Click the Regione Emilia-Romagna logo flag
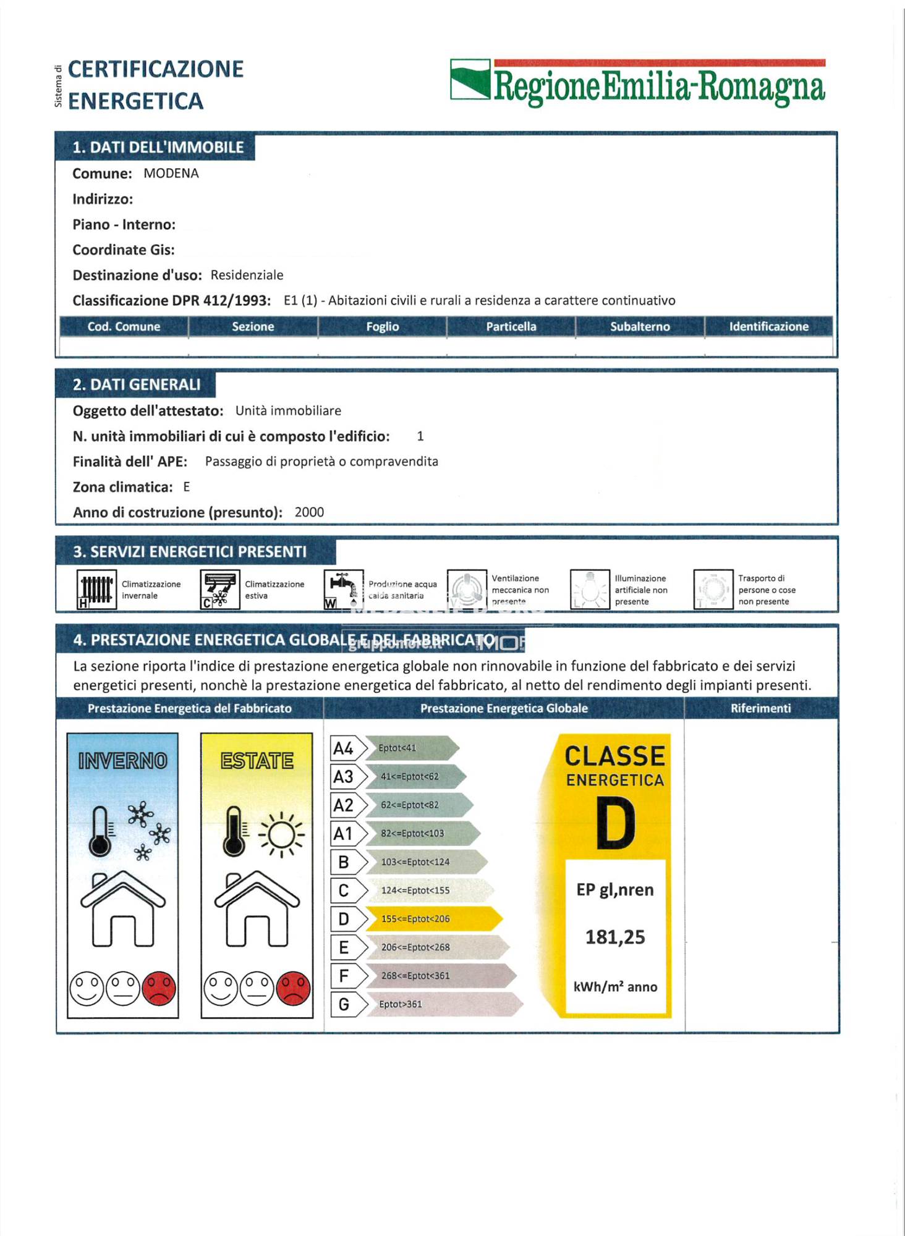(470, 79)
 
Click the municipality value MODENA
(171, 174)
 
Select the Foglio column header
(382, 326)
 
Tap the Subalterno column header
(640, 326)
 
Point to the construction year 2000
(309, 512)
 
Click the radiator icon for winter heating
(96, 590)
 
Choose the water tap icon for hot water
(343, 590)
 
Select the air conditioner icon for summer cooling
(220, 590)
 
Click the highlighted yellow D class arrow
(433, 919)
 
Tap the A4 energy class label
(343, 748)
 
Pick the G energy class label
(344, 1004)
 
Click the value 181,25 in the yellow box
(615, 938)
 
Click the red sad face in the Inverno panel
(159, 988)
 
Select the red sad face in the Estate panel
(293, 988)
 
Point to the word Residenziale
(247, 275)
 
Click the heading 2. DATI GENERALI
(137, 384)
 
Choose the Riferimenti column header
(760, 708)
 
